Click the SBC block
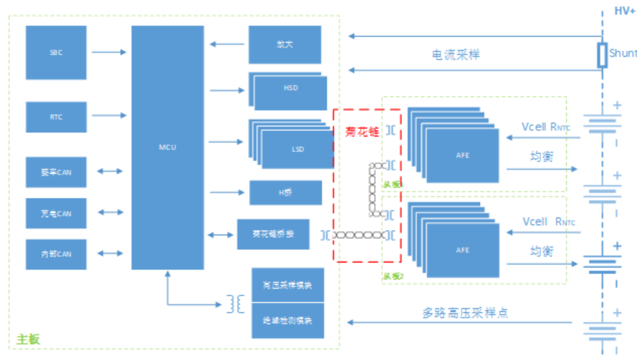click(x=56, y=52)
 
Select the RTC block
click(x=56, y=117)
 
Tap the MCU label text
click(x=167, y=148)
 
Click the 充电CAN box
click(x=56, y=213)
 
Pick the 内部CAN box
click(x=56, y=254)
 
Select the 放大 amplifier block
click(x=285, y=44)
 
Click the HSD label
click(x=291, y=88)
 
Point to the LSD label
click(x=298, y=149)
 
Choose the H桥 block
click(x=286, y=193)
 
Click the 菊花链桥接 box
click(x=273, y=234)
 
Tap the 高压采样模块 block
click(x=287, y=285)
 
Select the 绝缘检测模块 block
click(x=287, y=321)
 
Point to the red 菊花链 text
click(x=362, y=132)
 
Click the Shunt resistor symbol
click(x=602, y=55)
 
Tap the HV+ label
click(x=625, y=11)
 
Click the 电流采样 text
click(x=456, y=54)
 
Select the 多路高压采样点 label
click(x=465, y=313)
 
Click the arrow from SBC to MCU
click(x=108, y=52)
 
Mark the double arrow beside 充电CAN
click(x=110, y=213)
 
